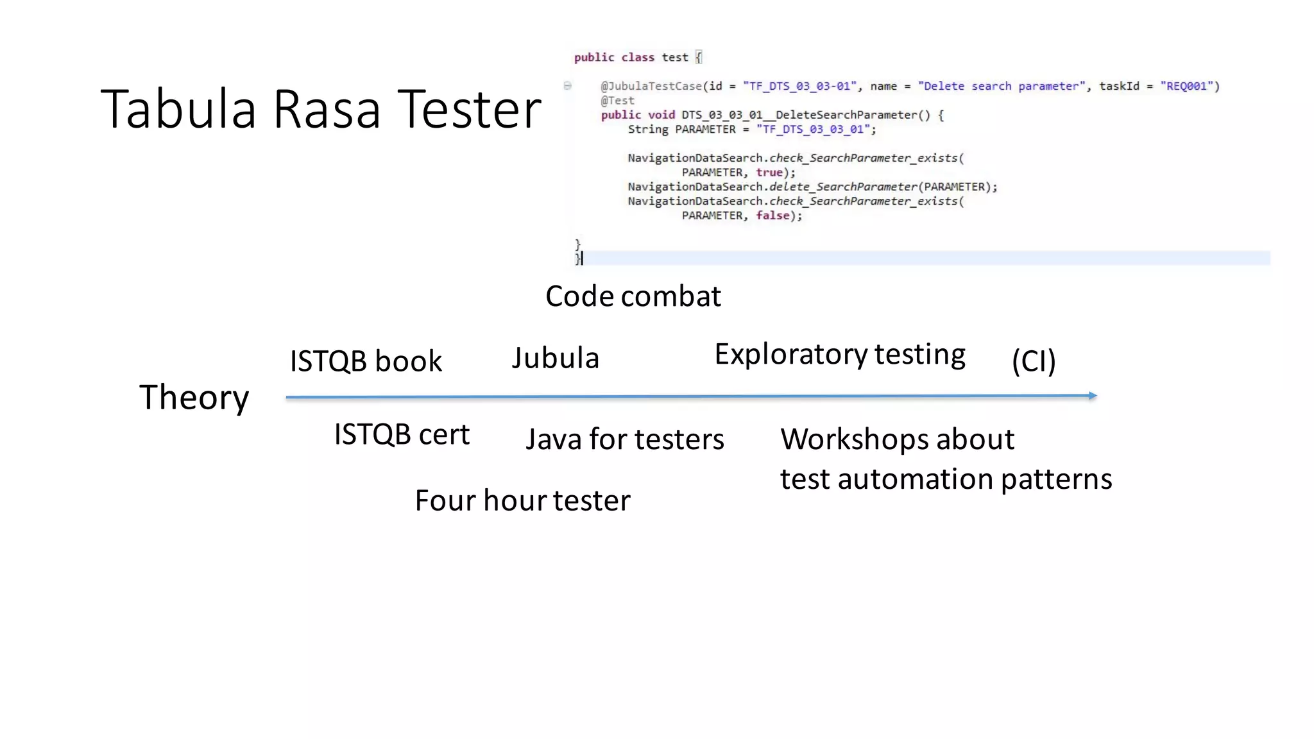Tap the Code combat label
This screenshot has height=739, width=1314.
[x=633, y=296]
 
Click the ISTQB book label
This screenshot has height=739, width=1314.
[x=366, y=361]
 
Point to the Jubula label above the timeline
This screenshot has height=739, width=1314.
[x=555, y=358]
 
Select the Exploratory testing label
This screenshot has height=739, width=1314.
[x=839, y=355]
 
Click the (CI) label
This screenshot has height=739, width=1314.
[x=1034, y=361]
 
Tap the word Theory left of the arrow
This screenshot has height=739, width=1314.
[x=194, y=397]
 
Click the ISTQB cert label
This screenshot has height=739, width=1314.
[x=402, y=435]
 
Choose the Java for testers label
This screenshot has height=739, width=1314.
[x=624, y=439]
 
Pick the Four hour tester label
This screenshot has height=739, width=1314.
[x=522, y=500]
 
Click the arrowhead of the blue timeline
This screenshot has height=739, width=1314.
[x=1092, y=396]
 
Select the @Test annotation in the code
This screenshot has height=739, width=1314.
[x=617, y=101]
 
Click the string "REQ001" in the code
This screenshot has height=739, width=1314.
[x=1186, y=87]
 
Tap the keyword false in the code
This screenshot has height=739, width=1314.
[x=772, y=216]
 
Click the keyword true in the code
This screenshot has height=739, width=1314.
[x=769, y=173]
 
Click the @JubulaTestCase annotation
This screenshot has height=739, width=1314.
[x=651, y=87]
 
